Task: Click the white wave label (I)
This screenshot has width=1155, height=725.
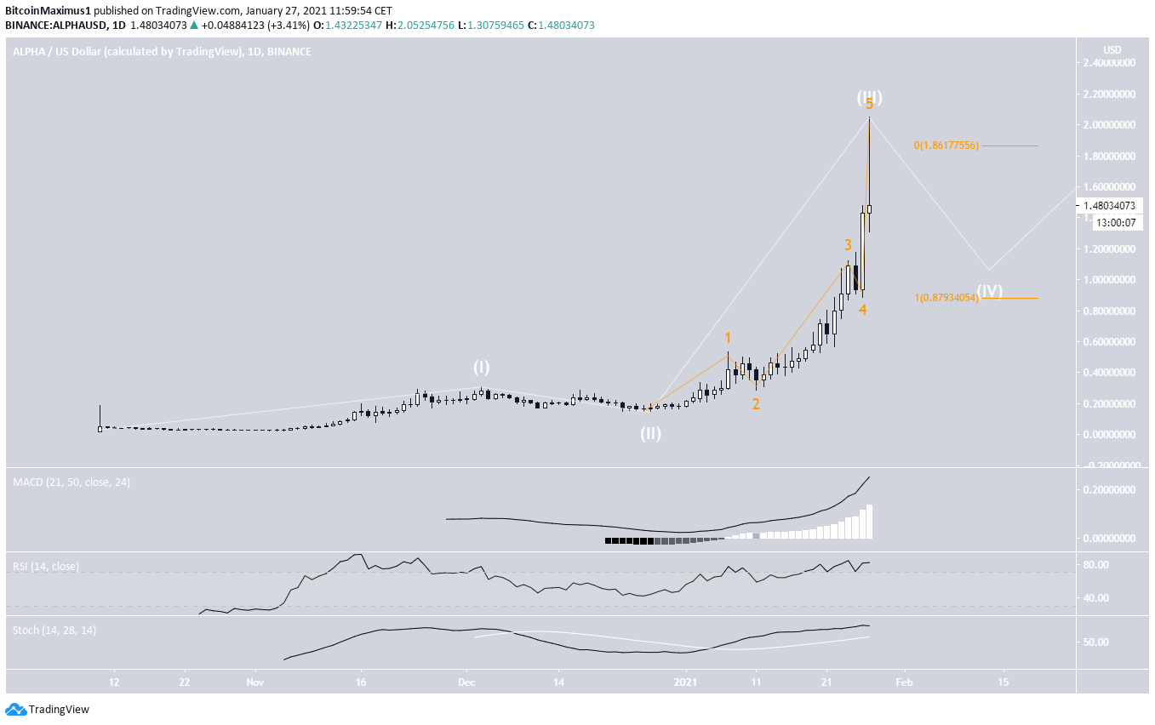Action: (x=482, y=367)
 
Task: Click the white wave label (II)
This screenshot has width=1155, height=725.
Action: (x=651, y=433)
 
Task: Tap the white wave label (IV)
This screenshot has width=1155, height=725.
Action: (x=989, y=290)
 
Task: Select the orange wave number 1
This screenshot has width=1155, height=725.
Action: (x=728, y=339)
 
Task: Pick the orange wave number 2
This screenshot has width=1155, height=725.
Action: (x=755, y=404)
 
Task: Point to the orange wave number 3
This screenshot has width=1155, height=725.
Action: (x=848, y=245)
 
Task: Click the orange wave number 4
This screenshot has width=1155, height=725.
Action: (x=862, y=311)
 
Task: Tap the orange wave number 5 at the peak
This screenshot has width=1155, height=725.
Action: (x=869, y=105)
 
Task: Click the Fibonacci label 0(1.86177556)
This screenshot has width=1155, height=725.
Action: (x=946, y=146)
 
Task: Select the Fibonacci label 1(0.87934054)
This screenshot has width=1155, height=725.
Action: (x=946, y=298)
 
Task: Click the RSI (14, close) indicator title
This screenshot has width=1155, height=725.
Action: (x=46, y=566)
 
